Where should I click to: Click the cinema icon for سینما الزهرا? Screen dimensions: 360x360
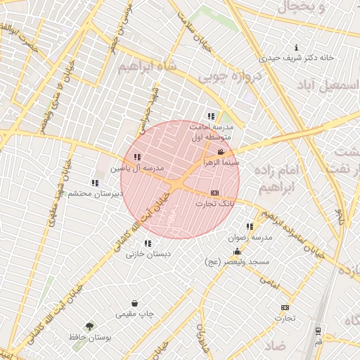click(x=221, y=153)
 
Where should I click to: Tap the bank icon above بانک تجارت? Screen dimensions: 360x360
click(x=214, y=193)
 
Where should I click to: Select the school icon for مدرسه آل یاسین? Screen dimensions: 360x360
click(x=136, y=157)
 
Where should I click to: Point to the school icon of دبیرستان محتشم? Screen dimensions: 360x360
click(x=95, y=183)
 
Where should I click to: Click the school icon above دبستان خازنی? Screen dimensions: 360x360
click(x=148, y=243)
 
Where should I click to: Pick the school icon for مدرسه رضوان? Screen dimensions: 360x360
click(x=250, y=226)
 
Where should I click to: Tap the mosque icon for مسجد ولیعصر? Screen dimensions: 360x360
click(x=237, y=252)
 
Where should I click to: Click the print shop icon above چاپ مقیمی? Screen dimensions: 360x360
click(x=134, y=303)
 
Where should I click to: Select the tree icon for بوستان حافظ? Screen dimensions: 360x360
click(x=89, y=326)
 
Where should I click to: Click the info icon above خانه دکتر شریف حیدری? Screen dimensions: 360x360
click(x=296, y=48)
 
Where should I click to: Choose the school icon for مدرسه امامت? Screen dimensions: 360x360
click(x=210, y=117)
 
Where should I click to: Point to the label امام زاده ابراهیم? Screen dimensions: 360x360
click(x=280, y=179)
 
